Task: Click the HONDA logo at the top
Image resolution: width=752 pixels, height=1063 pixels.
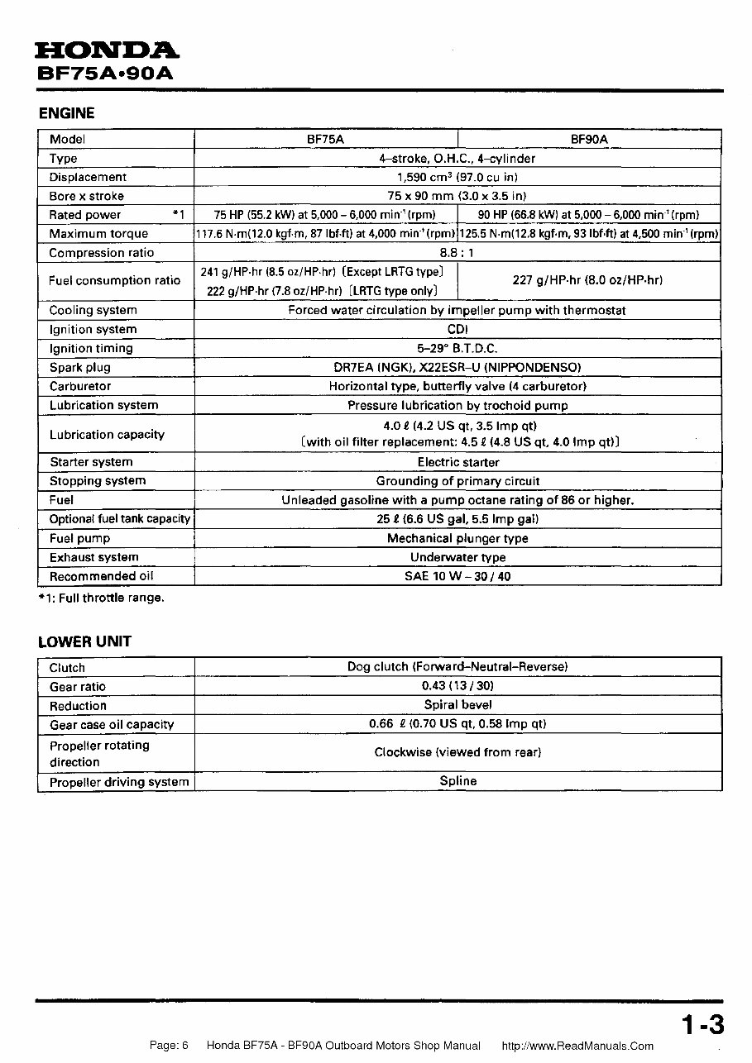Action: (107, 51)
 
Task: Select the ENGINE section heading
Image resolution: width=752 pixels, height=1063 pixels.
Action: (67, 113)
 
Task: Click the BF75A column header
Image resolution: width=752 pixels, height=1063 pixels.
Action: (325, 140)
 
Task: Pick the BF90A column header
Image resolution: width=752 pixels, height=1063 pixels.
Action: (589, 140)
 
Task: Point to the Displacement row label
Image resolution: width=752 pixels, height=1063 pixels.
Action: (88, 177)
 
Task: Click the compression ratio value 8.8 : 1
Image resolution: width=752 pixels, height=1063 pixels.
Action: (457, 253)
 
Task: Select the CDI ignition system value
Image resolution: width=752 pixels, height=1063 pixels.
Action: (457, 329)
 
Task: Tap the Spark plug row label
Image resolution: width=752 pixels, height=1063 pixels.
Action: (79, 368)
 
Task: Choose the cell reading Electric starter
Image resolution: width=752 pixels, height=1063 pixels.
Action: (457, 462)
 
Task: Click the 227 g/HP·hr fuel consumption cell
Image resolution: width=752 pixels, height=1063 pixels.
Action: (587, 280)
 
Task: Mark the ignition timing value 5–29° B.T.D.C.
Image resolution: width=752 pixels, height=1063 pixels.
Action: (457, 348)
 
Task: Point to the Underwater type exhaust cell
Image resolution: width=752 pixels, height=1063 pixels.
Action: (457, 557)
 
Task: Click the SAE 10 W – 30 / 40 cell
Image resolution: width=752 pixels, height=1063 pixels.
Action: (457, 576)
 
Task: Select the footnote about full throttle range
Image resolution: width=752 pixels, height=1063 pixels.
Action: (101, 598)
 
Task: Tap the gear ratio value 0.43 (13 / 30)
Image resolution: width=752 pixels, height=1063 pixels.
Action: (457, 686)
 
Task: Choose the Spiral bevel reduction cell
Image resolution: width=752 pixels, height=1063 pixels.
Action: (457, 705)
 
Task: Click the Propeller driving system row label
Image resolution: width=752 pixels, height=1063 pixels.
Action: (119, 782)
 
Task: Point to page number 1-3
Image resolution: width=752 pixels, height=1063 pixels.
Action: (702, 1026)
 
